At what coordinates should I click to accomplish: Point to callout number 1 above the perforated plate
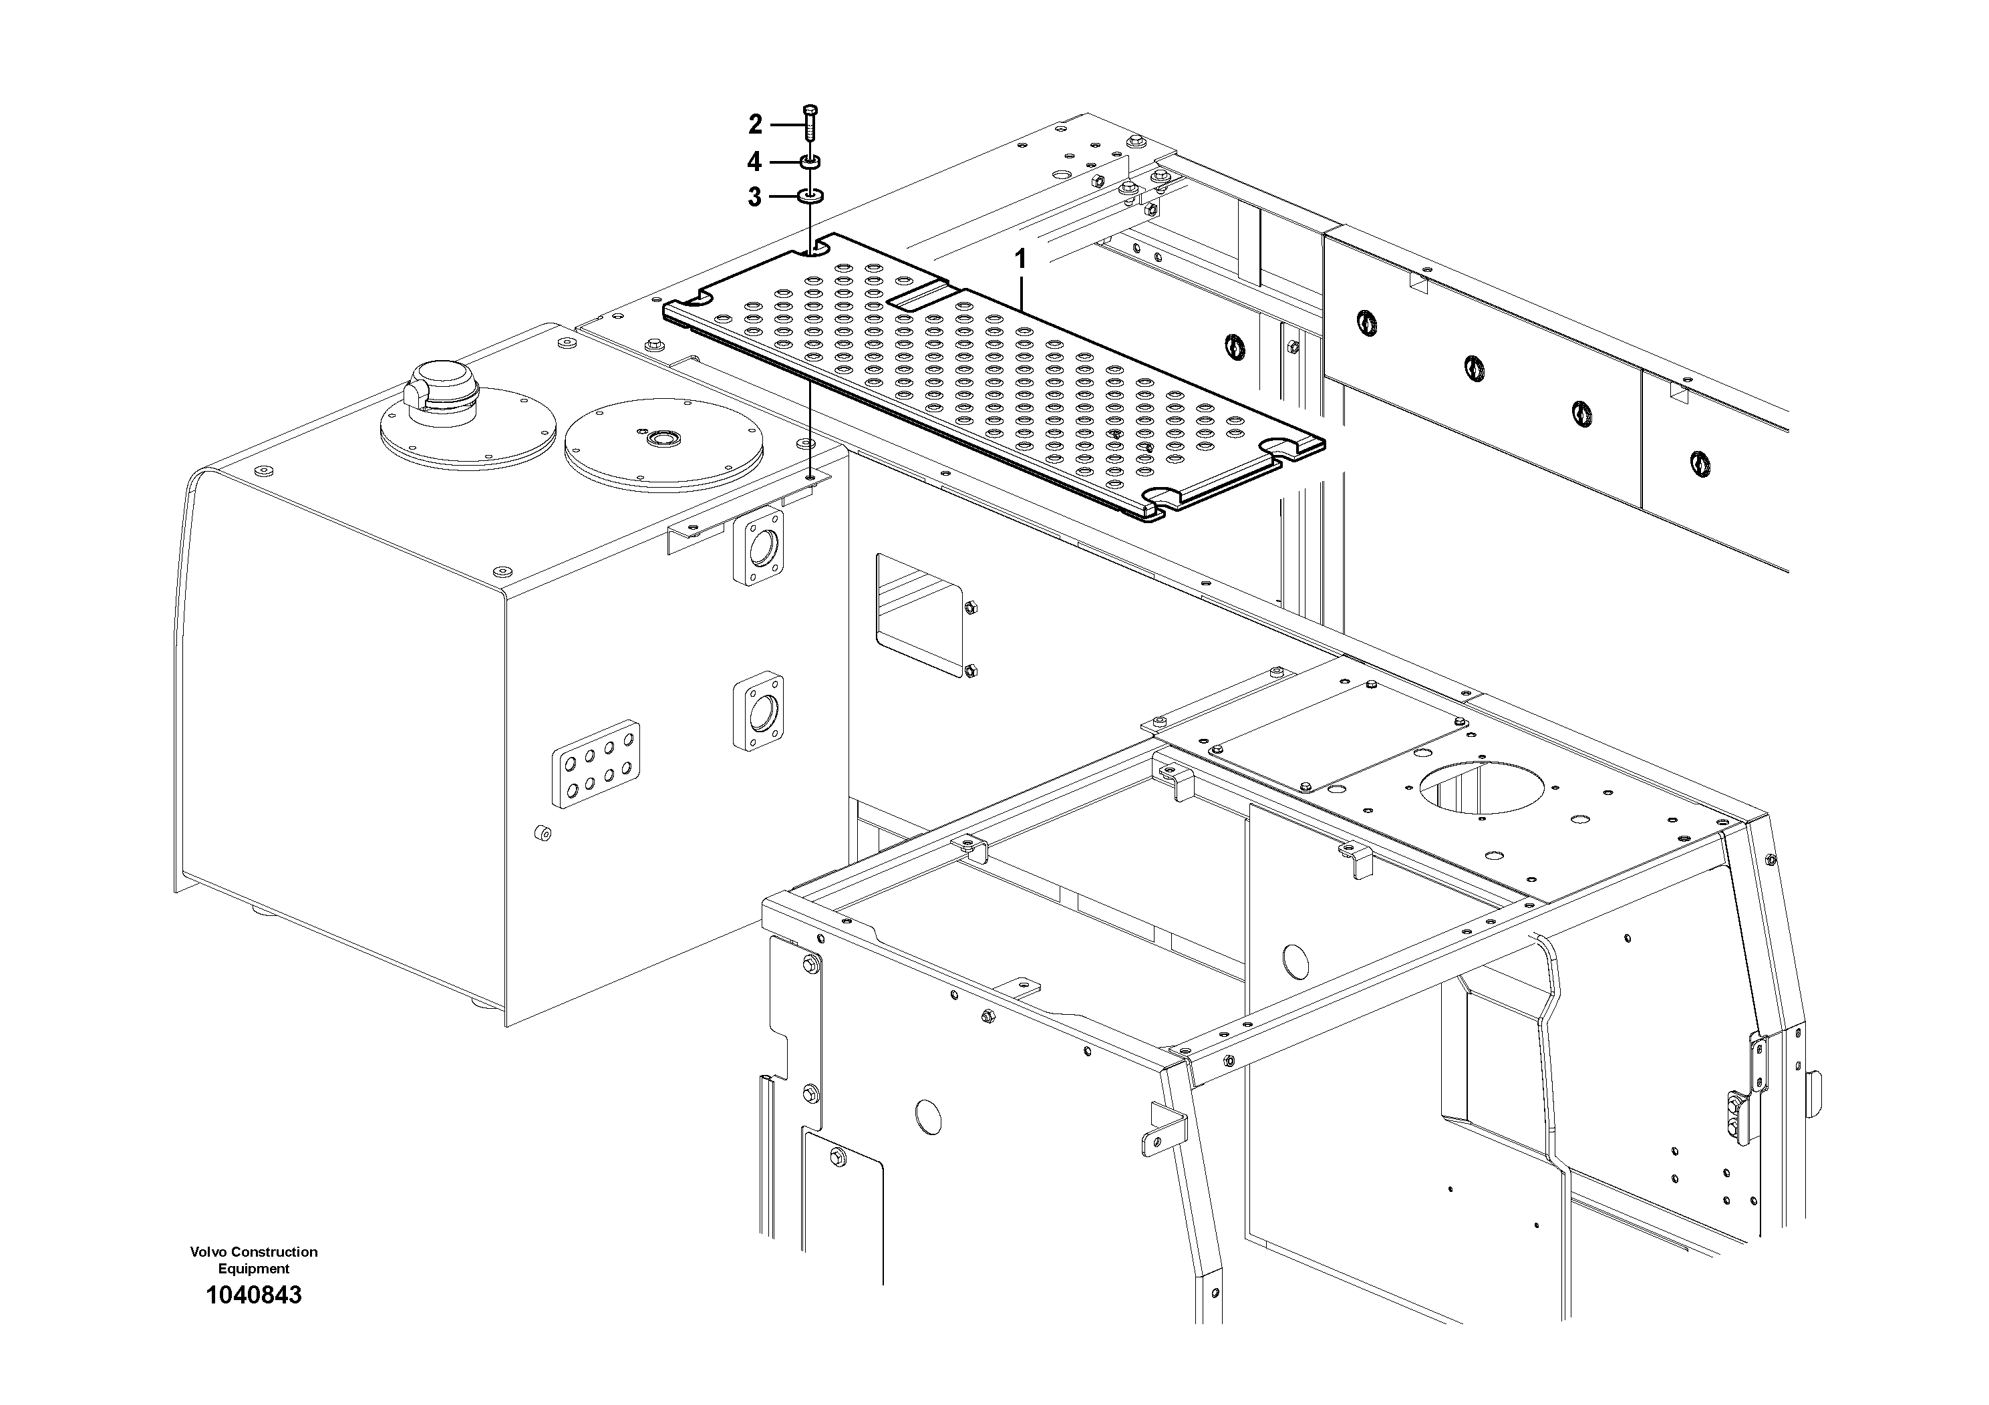tap(1020, 259)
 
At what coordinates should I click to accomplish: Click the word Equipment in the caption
tap(254, 1269)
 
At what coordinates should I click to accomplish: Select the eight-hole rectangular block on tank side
tap(596, 764)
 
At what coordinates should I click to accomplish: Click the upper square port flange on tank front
tap(759, 549)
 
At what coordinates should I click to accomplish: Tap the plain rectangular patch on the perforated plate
tap(922, 299)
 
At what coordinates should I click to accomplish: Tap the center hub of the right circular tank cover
tap(664, 439)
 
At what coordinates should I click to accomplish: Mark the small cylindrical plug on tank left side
tap(543, 833)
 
